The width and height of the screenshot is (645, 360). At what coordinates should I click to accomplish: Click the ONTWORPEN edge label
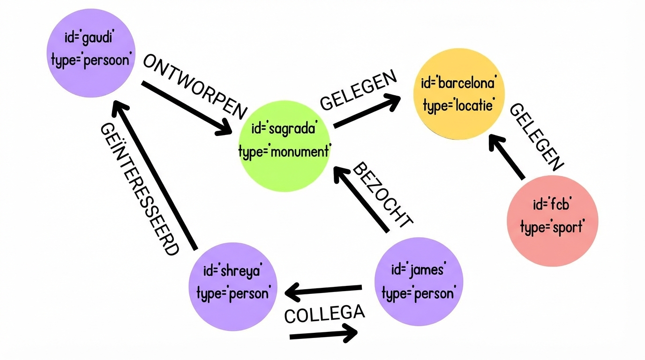(195, 86)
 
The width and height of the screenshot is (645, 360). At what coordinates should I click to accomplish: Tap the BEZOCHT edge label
(382, 195)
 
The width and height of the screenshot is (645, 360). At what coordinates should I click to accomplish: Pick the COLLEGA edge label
(324, 314)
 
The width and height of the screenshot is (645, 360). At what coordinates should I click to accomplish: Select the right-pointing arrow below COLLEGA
(323, 335)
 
